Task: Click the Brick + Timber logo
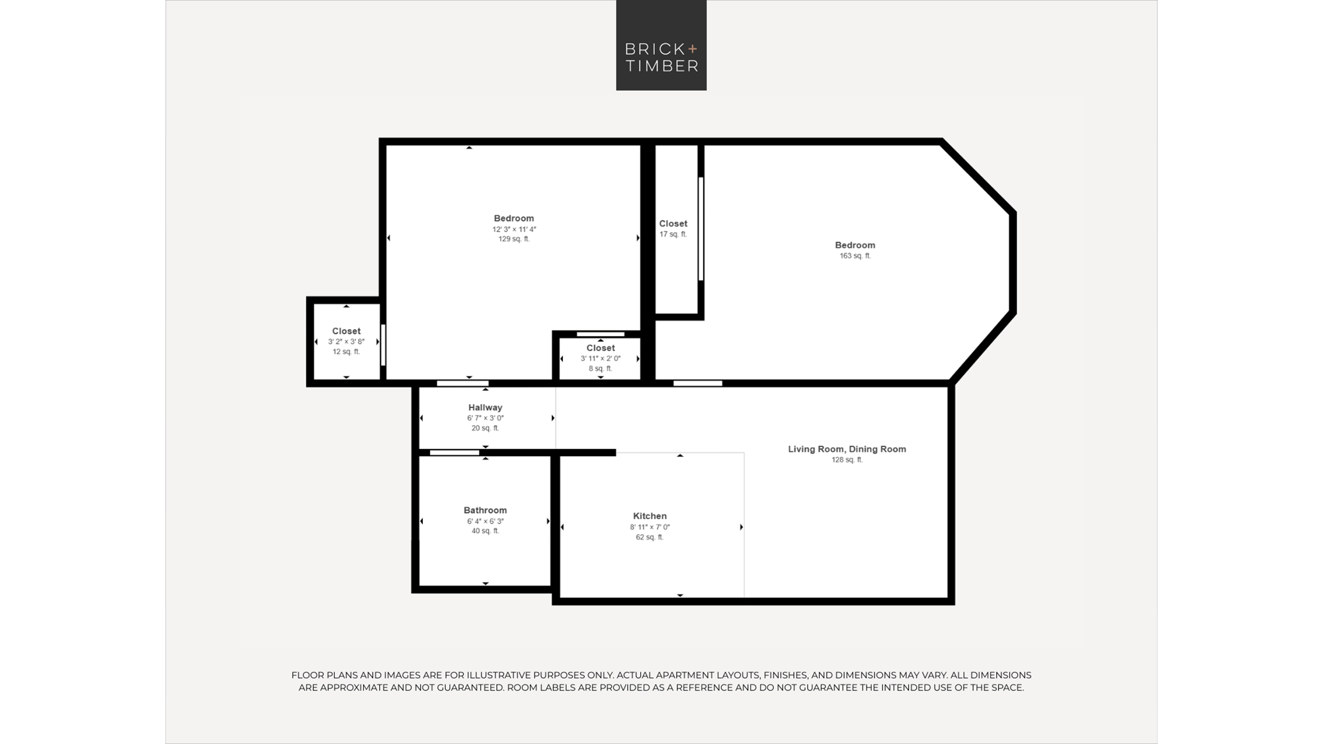[661, 45]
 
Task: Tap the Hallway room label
[485, 407]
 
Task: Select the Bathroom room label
[485, 511]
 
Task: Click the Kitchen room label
[650, 516]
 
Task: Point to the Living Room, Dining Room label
[847, 449]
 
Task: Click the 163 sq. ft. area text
[855, 256]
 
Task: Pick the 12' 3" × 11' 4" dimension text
[514, 229]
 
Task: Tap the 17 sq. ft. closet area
[673, 234]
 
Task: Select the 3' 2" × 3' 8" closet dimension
[346, 342]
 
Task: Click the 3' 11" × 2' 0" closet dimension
[601, 358]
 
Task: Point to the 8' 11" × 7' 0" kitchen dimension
[650, 527]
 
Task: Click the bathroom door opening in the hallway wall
[454, 453]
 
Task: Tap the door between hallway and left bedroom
[462, 384]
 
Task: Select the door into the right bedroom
[698, 384]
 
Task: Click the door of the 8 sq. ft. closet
[601, 334]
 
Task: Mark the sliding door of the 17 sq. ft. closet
[701, 229]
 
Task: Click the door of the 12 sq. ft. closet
[383, 344]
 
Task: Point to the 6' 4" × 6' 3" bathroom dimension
[485, 521]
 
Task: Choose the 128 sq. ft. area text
[847, 460]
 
